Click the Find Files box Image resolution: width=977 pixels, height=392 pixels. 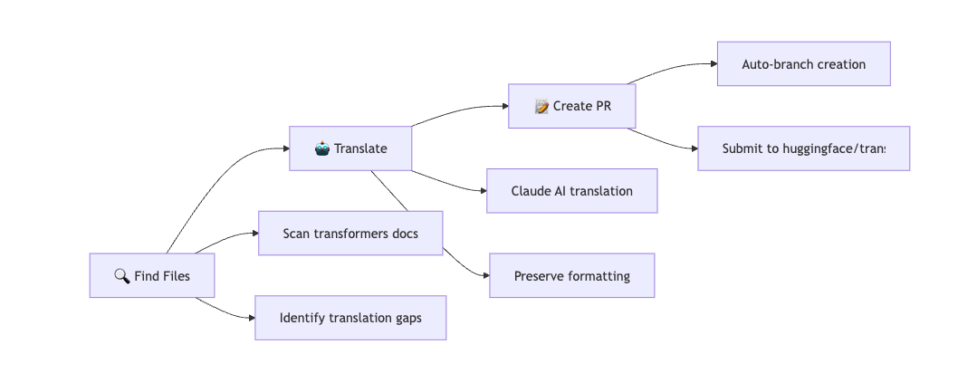(152, 275)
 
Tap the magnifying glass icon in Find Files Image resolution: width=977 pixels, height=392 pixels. (122, 275)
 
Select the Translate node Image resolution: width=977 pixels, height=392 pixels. (350, 148)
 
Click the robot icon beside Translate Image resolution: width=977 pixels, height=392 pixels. (322, 148)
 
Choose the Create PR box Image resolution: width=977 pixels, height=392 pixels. (572, 106)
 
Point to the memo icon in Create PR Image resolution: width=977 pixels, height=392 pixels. (542, 106)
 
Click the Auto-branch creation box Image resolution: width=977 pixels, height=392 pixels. (803, 64)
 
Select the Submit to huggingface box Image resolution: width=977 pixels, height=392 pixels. (803, 148)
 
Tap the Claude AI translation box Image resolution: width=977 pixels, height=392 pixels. (571, 191)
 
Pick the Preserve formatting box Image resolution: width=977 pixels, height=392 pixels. (571, 275)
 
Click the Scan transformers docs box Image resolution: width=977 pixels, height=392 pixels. (350, 234)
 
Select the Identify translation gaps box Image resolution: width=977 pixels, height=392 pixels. (350, 318)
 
